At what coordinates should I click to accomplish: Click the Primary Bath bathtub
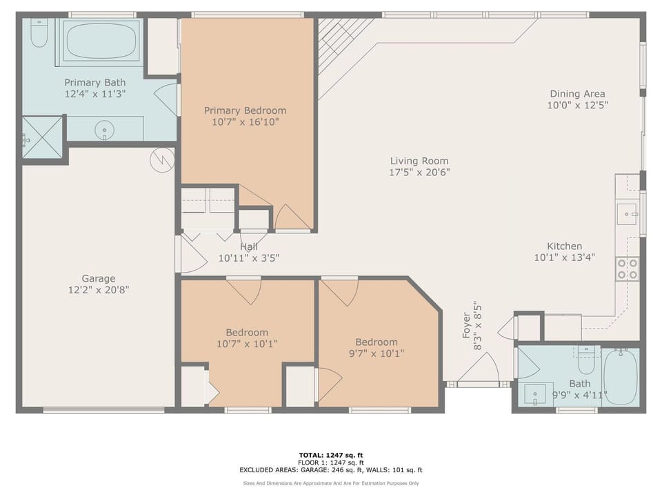click(x=101, y=41)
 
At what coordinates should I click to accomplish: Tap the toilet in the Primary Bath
click(x=39, y=32)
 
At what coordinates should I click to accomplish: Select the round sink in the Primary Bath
click(x=105, y=129)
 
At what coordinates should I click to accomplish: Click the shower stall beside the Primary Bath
click(x=42, y=137)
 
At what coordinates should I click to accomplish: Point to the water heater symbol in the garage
click(x=161, y=161)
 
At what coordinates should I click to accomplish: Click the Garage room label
click(x=99, y=278)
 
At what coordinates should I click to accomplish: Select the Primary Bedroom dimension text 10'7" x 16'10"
click(x=245, y=122)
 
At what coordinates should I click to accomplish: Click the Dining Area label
click(x=577, y=94)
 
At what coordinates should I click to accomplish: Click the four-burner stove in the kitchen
click(x=626, y=268)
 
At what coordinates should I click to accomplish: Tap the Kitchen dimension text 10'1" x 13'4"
click(x=564, y=257)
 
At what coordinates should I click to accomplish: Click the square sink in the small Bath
click(x=535, y=395)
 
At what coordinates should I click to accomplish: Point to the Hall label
click(x=249, y=246)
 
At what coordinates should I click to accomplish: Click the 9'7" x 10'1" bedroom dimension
click(x=376, y=353)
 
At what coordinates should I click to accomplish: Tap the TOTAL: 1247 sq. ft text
click(x=330, y=455)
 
